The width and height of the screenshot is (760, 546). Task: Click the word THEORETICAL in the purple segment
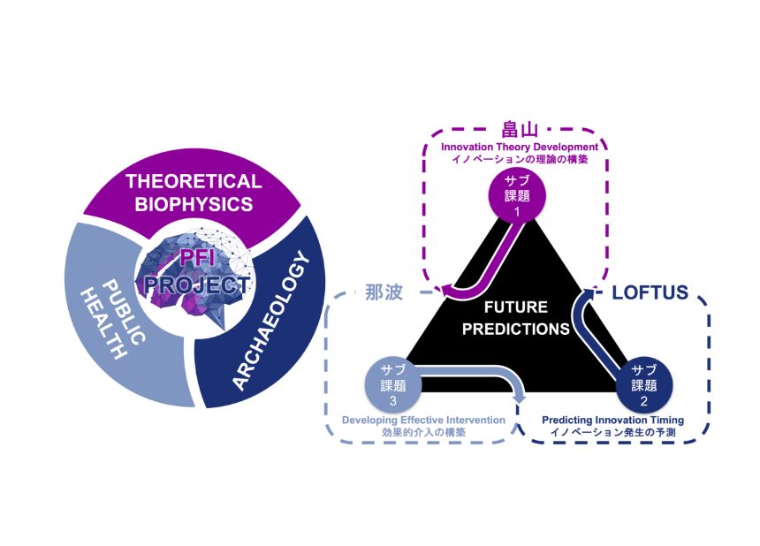(x=194, y=181)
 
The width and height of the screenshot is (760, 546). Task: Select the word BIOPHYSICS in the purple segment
(x=194, y=204)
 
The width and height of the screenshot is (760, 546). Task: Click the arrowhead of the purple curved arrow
(x=449, y=291)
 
